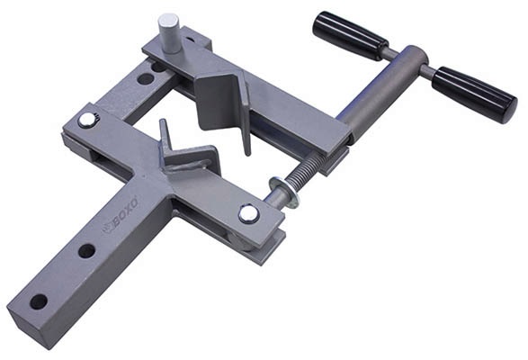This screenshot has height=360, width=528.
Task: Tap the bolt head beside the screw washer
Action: (x=248, y=213)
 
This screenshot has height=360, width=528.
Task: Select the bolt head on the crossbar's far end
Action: (x=86, y=120)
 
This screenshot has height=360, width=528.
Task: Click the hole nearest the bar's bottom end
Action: (x=39, y=301)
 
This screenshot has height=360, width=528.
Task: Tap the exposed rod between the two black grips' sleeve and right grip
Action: (x=423, y=70)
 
